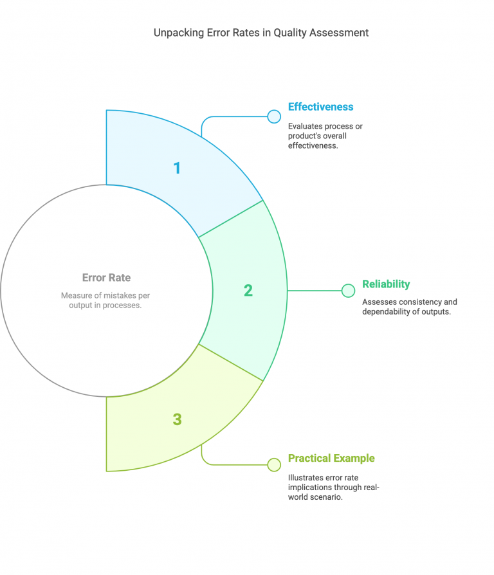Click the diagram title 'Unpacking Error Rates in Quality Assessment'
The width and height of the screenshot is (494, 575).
261,33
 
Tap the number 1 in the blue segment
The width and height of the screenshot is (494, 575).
177,168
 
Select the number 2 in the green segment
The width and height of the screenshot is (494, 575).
248,291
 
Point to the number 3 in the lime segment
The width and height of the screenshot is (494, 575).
177,419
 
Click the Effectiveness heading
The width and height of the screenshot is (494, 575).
320,107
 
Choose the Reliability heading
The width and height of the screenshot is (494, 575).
386,284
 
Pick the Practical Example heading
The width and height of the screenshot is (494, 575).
331,459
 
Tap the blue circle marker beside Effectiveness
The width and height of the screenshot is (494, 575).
274,116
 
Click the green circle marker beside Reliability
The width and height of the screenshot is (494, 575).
348,291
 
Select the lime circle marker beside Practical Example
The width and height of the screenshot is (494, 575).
274,464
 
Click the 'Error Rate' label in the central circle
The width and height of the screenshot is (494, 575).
106,278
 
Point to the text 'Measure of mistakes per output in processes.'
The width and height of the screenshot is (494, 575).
105,300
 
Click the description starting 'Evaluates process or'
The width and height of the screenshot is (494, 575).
325,136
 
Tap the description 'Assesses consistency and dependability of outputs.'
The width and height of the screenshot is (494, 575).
410,307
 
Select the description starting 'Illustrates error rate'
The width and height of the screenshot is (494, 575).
333,488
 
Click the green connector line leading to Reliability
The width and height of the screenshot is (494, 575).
315,291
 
